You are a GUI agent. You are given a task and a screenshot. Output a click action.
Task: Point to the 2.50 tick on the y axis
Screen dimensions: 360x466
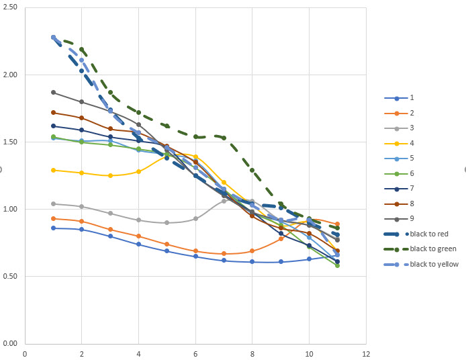[x=11, y=8]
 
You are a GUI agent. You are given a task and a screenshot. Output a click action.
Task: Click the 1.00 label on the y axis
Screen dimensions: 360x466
[x=11, y=210]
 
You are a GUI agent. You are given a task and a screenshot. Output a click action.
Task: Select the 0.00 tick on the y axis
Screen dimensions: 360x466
[x=11, y=343]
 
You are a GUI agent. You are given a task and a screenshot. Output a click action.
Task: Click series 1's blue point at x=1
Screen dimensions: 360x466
[x=53, y=228]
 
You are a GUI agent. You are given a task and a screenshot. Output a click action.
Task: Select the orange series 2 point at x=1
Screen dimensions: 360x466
[x=53, y=218]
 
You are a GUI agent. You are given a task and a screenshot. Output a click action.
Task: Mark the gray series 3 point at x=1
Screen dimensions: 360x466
[x=53, y=204]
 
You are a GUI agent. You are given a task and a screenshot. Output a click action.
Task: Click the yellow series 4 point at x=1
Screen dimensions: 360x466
[x=53, y=170]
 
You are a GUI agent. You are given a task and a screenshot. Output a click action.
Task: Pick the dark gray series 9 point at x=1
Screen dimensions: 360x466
[x=53, y=93]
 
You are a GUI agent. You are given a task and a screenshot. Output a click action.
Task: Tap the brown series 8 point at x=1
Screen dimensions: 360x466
[x=53, y=113]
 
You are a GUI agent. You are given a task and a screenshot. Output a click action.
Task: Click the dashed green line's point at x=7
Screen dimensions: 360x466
[x=224, y=138]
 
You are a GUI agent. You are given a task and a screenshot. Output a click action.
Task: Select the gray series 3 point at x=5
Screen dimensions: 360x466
[x=167, y=222]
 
